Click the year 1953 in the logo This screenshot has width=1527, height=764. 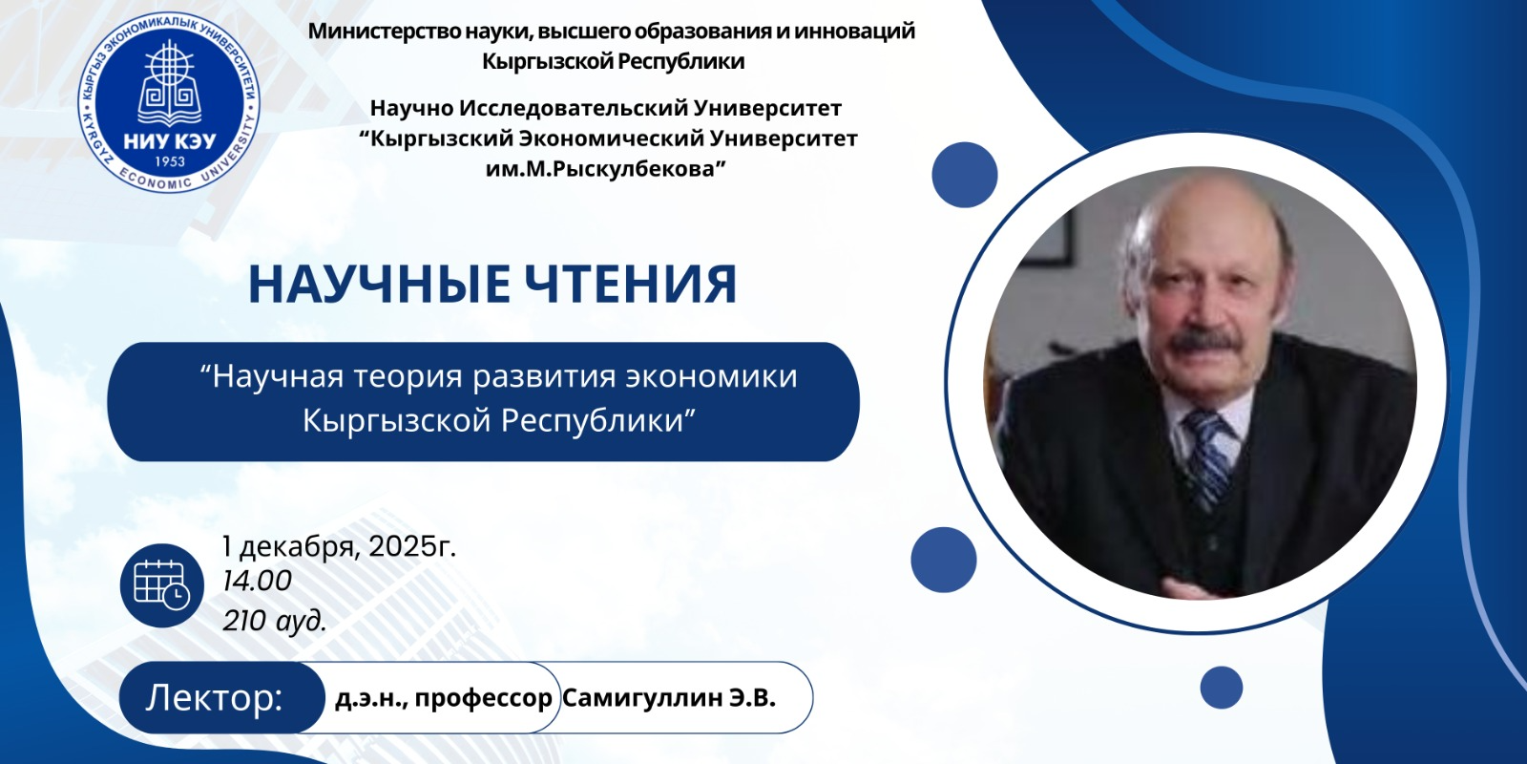pyautogui.click(x=170, y=161)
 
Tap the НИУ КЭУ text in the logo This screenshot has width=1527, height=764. pyautogui.click(x=170, y=142)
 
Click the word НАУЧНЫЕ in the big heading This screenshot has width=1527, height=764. pyautogui.click(x=379, y=284)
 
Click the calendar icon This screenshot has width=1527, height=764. pyautogui.click(x=162, y=585)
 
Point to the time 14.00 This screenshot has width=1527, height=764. pyautogui.click(x=257, y=582)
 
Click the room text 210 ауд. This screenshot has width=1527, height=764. pyautogui.click(x=275, y=621)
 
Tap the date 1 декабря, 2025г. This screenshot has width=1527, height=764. pyautogui.click(x=339, y=546)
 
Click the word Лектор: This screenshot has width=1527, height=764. pyautogui.click(x=214, y=698)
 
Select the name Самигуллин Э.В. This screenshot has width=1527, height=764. pyautogui.click(x=669, y=698)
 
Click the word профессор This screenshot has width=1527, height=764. pyautogui.click(x=483, y=699)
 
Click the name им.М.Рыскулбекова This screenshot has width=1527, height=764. pyautogui.click(x=605, y=168)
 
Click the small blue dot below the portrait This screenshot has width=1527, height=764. pyautogui.click(x=1221, y=688)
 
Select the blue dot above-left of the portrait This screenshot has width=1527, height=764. pyautogui.click(x=965, y=175)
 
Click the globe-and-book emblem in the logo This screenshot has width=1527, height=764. pyautogui.click(x=170, y=85)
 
